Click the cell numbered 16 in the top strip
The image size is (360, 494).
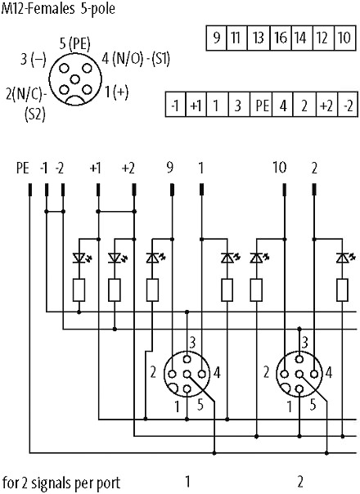tap(281, 38)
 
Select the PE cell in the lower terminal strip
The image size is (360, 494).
tap(261, 105)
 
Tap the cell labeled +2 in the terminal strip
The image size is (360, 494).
tap(326, 105)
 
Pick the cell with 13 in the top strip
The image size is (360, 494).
tap(259, 38)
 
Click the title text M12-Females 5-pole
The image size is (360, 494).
tap(58, 8)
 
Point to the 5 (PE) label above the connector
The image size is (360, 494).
tap(74, 44)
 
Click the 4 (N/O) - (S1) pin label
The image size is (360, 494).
tap(136, 59)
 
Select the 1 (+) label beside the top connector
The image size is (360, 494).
tap(116, 92)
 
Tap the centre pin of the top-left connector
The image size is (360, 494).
tap(74, 79)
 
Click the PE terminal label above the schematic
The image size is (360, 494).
tap(23, 168)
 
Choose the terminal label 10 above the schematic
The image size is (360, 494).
tap(279, 168)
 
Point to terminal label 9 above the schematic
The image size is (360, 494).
tap(170, 168)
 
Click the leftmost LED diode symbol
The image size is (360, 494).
tap(79, 258)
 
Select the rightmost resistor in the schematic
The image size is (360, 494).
tap(342, 290)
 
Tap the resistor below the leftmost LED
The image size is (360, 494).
tap(79, 290)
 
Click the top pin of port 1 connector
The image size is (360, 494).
tap(187, 359)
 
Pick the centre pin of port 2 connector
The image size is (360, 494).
tap(299, 375)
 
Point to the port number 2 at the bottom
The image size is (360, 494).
tap(300, 482)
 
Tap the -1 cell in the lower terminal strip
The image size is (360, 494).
tap(176, 105)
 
